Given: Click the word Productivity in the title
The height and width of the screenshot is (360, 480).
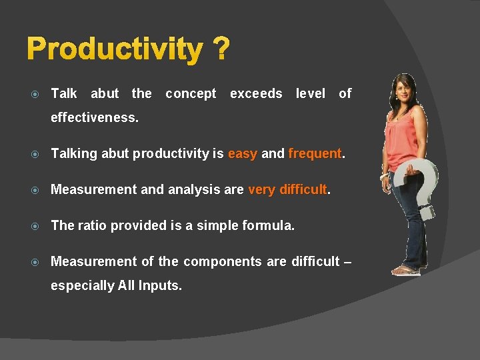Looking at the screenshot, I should coord(115,49).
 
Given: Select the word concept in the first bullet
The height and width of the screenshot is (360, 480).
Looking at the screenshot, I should coord(191,94).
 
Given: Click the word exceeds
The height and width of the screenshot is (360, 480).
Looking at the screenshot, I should coord(256,94).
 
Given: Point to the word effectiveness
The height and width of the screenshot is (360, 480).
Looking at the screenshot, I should coord(95,118).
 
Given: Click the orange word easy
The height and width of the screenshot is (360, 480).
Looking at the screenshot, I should coord(242,154).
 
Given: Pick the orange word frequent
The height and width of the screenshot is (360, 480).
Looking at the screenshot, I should coord(315,154).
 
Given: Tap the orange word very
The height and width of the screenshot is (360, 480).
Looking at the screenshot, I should coord(262,190).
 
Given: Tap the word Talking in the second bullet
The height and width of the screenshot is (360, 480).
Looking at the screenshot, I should coord(73,154).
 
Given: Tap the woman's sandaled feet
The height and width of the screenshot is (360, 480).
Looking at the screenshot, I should coord(407,270).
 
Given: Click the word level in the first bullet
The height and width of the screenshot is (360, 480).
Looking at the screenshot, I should coord(311,94).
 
